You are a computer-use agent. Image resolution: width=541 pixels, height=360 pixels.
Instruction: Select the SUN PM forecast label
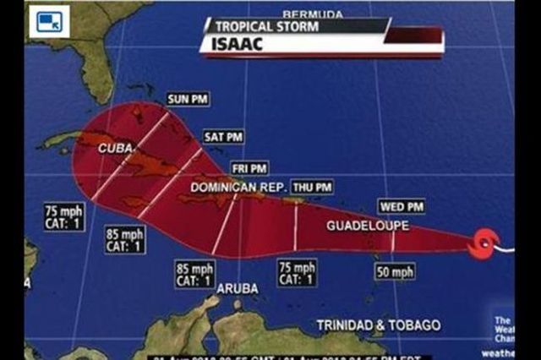pyautogui.click(x=188, y=99)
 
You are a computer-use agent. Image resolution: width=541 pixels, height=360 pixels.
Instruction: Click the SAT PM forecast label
pyautogui.click(x=223, y=137)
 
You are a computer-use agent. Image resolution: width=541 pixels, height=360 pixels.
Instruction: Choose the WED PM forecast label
pyautogui.click(x=403, y=206)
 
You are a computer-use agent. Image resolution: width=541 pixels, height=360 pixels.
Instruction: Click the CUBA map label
pyautogui.click(x=116, y=148)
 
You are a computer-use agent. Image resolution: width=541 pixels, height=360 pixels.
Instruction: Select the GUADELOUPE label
pyautogui.click(x=368, y=226)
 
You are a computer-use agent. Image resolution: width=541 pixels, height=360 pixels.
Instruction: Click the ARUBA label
pyautogui.click(x=238, y=288)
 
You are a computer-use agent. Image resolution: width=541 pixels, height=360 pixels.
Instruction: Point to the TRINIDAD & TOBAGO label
pyautogui.click(x=378, y=325)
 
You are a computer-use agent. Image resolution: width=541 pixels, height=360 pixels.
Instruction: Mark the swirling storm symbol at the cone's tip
pyautogui.click(x=484, y=244)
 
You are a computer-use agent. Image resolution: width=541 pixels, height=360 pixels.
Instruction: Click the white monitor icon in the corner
pyautogui.click(x=48, y=20)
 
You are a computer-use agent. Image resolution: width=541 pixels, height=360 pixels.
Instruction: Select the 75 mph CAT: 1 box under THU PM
pyautogui.click(x=298, y=273)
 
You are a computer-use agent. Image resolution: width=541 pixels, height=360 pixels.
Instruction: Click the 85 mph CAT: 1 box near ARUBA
pyautogui.click(x=194, y=275)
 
